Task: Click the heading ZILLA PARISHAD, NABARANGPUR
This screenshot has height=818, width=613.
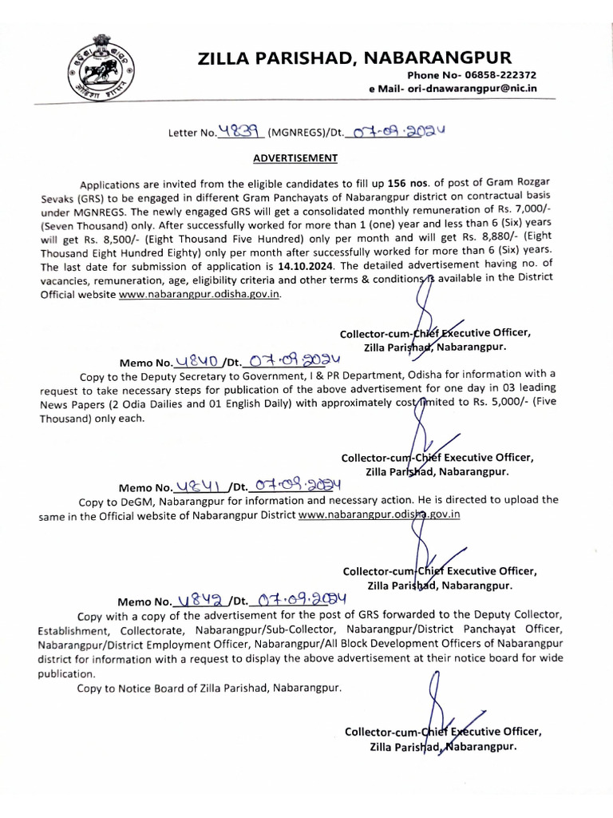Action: (x=356, y=58)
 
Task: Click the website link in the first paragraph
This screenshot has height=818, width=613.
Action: (x=200, y=294)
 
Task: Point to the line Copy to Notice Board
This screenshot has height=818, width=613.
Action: (x=209, y=688)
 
